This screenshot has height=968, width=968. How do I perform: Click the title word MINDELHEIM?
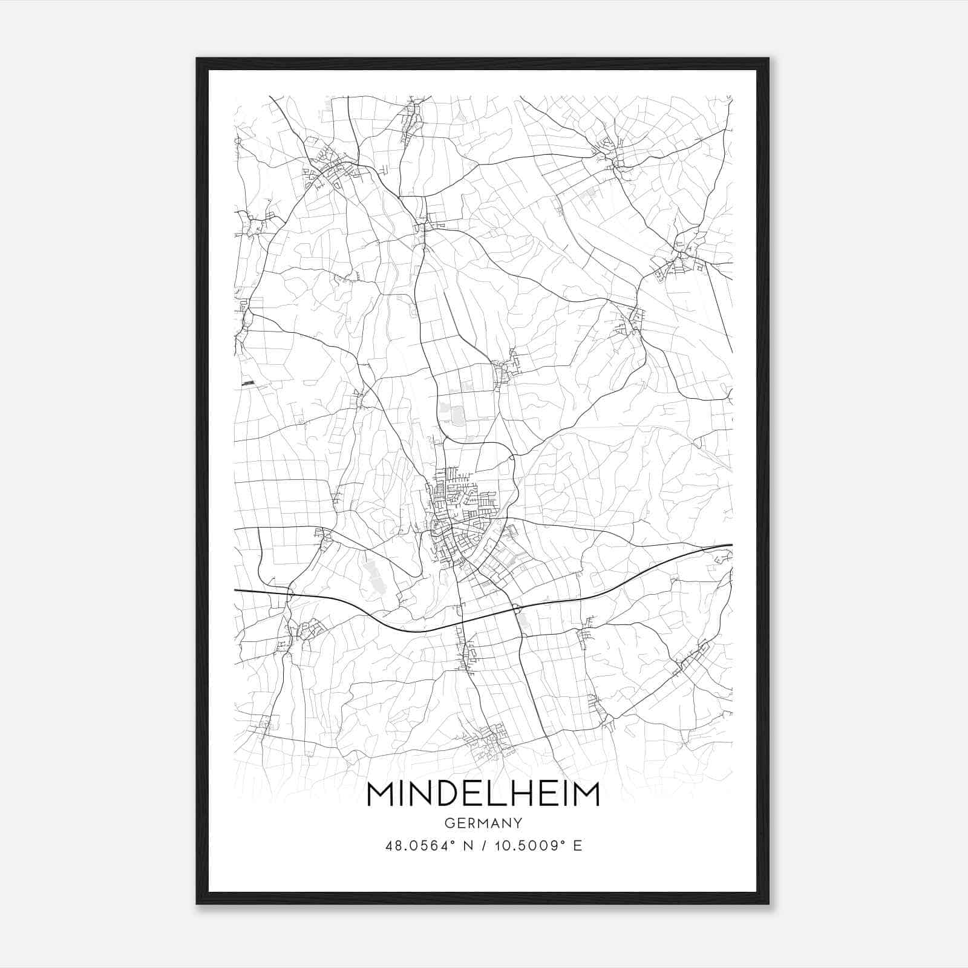coord(483,794)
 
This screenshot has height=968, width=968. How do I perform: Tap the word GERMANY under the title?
coord(483,823)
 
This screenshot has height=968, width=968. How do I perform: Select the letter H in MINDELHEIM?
coord(519,794)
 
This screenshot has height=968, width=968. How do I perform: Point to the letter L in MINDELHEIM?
coord(498,794)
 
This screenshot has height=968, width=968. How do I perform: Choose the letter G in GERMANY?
coord(449,823)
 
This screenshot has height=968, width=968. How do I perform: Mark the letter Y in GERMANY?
coord(518,823)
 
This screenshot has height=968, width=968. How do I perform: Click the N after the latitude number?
coord(466,846)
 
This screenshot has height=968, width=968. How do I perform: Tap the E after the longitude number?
coord(578,846)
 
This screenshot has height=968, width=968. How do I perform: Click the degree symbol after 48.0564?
coord(450,842)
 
